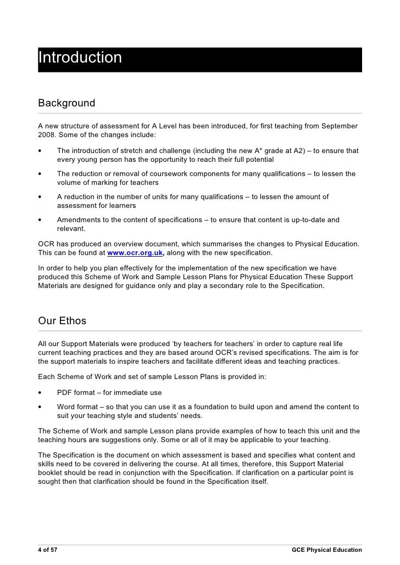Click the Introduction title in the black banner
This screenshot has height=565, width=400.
pos(80,58)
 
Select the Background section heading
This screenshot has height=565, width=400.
pos(66,103)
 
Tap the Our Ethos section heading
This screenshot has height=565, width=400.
pos(62,320)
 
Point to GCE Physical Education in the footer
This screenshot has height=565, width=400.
pos(326,549)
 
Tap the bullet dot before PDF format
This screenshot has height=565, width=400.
pos(40,393)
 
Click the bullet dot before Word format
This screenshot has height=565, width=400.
pos(40,407)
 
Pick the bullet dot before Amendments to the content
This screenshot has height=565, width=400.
pos(40,220)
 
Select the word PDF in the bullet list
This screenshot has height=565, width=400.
pos(65,393)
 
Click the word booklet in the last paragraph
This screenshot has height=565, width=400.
pos(52,473)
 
